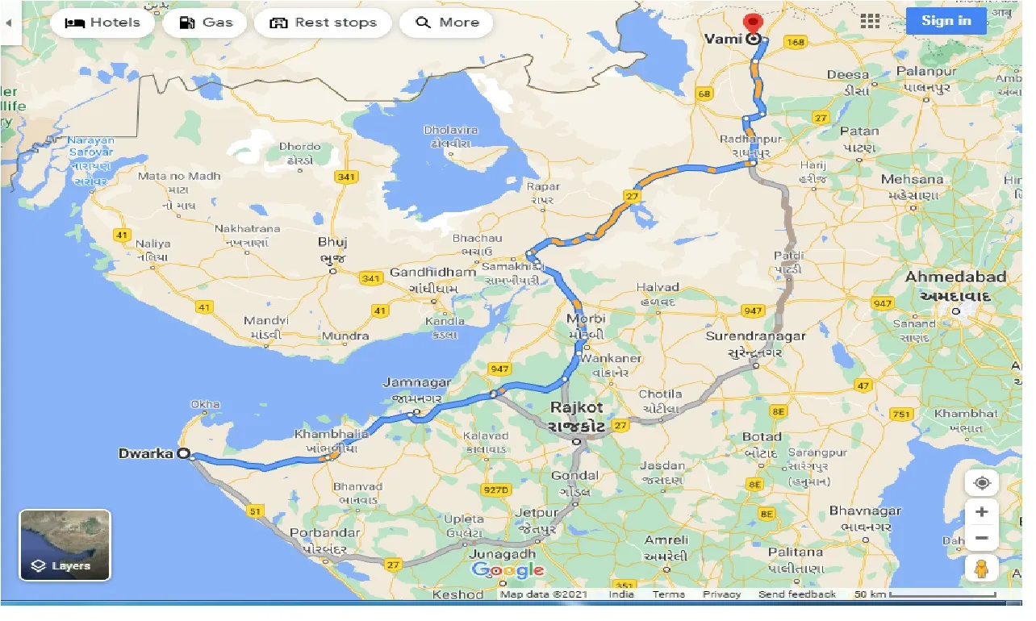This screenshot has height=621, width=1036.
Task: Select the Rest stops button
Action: [323, 23]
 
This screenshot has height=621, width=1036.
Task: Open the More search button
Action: [448, 23]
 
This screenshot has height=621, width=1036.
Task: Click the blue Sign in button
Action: [946, 21]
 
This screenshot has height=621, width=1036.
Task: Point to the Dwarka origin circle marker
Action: [184, 454]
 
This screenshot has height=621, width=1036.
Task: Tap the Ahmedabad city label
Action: [956, 277]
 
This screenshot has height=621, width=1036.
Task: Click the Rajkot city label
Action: [576, 408]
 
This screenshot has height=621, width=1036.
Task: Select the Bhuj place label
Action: [332, 242]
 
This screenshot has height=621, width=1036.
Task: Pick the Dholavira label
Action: [451, 130]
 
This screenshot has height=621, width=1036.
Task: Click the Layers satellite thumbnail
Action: [65, 545]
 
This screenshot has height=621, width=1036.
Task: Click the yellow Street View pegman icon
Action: [981, 569]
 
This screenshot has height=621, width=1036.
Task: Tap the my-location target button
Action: [982, 483]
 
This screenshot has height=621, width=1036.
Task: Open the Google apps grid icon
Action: [870, 22]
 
